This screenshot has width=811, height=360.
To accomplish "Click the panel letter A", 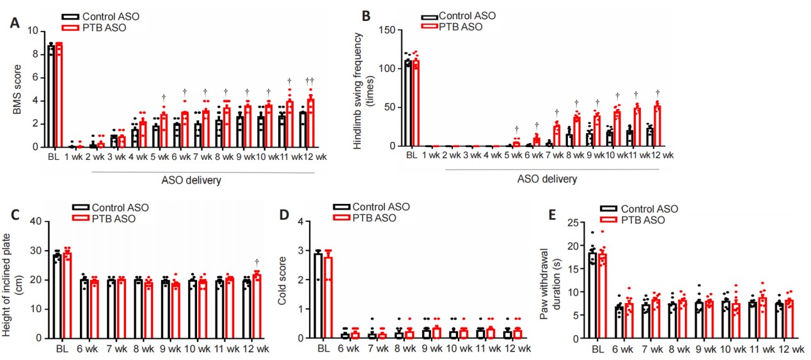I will click(13, 23).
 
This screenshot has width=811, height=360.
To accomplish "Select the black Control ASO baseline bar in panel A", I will click(51, 96).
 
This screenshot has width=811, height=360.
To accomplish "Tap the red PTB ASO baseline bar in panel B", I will click(415, 103).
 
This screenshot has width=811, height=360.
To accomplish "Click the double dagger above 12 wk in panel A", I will click(310, 81).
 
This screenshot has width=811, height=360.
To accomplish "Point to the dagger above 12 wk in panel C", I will click(256, 262).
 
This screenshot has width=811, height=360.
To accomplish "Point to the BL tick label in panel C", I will click(61, 349).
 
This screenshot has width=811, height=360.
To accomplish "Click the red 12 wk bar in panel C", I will click(256, 306).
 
